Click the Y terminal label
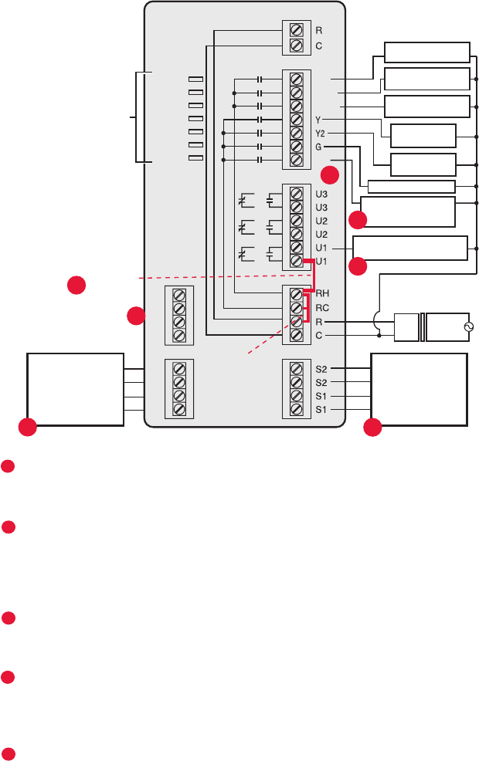point(318,120)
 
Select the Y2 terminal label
point(320,134)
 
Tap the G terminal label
point(318,147)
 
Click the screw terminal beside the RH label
point(296,294)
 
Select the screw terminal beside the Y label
point(296,120)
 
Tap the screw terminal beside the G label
point(296,147)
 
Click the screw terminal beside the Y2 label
point(296,134)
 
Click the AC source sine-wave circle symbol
point(465,328)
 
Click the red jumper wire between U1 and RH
point(314,276)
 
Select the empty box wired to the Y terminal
point(423,135)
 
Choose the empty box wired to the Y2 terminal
point(423,164)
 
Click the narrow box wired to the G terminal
point(411,186)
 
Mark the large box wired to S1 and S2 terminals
point(420,389)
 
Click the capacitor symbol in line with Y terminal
point(260,120)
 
